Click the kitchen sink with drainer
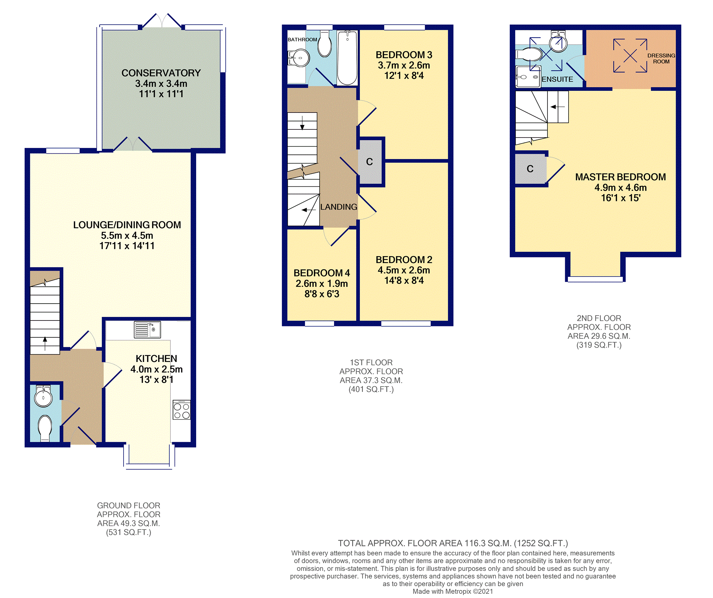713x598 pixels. [x=147, y=330]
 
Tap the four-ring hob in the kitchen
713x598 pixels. [x=182, y=410]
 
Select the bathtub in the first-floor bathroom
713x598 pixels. [x=347, y=58]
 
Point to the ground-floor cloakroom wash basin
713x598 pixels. [x=43, y=397]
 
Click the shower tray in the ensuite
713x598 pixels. [x=528, y=76]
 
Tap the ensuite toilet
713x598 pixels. [x=529, y=55]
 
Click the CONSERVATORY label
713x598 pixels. [x=161, y=73]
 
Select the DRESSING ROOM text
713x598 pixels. [x=661, y=58]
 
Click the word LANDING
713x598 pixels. [x=339, y=207]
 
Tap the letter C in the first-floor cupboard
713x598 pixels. [x=369, y=162]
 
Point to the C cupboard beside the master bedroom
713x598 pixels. [x=530, y=169]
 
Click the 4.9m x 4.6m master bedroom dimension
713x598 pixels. [x=620, y=187]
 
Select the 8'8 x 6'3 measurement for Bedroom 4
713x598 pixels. [x=322, y=294]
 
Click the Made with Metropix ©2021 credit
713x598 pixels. [x=453, y=591]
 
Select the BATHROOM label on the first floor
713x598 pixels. [x=302, y=39]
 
